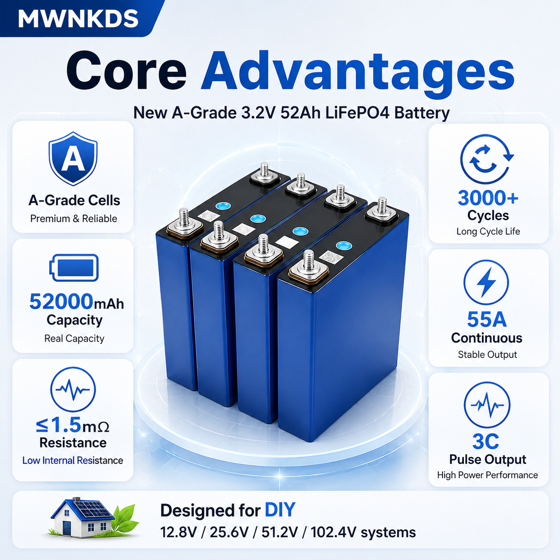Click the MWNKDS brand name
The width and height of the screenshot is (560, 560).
pos(78,19)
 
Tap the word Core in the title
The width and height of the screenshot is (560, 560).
pos(126,71)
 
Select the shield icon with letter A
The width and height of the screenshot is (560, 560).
pos(73,159)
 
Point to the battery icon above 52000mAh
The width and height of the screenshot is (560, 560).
pos(74,267)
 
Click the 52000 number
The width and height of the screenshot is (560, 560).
pos(61,301)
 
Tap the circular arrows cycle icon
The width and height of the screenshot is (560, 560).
pos(487,159)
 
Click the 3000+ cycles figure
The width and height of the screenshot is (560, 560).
pos(488,198)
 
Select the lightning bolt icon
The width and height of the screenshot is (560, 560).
pos(486,282)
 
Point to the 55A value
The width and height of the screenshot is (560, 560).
pos(487,320)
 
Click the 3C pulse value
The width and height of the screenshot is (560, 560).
pos(485,442)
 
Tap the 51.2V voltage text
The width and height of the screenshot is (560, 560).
pos(280,532)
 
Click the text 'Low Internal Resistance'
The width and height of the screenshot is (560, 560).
pos(73,460)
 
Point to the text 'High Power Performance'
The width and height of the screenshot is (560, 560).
pos(487,475)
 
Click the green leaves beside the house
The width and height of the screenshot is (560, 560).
pos(125,520)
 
